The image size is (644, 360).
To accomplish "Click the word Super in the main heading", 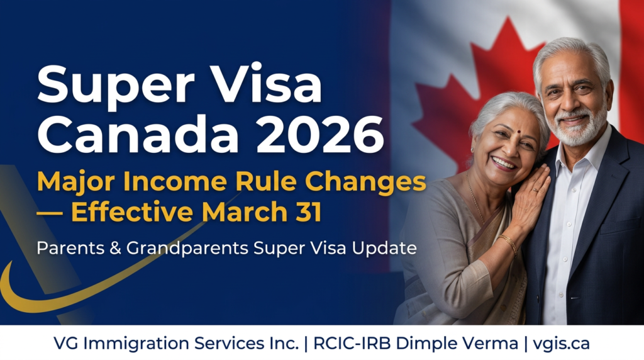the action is pyautogui.click(x=116, y=86).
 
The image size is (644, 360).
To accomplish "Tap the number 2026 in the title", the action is pyautogui.click(x=320, y=134).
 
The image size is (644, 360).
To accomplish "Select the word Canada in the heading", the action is pyautogui.click(x=138, y=134).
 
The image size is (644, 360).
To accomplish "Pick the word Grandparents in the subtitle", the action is pyautogui.click(x=187, y=249).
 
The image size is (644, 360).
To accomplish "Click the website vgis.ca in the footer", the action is pyautogui.click(x=561, y=344).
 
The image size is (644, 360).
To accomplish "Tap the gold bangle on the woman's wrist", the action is pyautogui.click(x=509, y=244).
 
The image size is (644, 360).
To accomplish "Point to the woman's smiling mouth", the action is pyautogui.click(x=504, y=164).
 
